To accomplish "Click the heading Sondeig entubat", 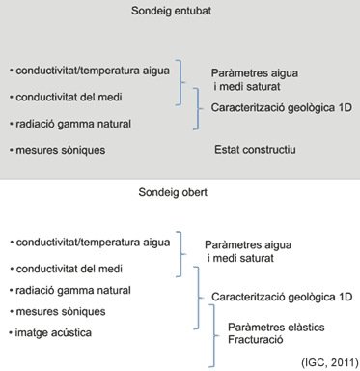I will pyautogui.click(x=180, y=12).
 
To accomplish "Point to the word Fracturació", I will pyautogui.click(x=267, y=340).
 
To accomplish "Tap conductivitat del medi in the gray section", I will pyautogui.click(x=68, y=97).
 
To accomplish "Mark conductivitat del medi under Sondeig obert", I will pyautogui.click(x=68, y=267).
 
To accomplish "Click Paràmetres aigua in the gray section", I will pyautogui.click(x=255, y=74).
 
